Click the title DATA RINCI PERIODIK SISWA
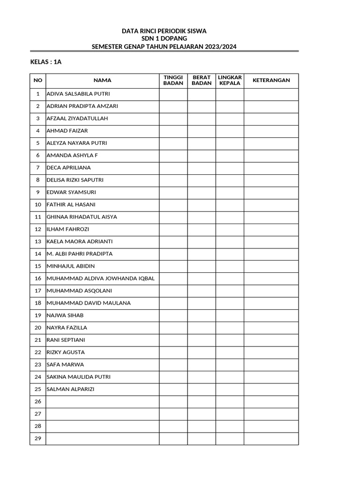pos(164,31)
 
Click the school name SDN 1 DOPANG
pos(164,38)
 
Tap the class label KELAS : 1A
pos(46,62)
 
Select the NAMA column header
pos(102,81)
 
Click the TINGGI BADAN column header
pos(173,81)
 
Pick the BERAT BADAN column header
pos(202,81)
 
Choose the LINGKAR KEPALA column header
pos(230,81)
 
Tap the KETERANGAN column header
pos(271,81)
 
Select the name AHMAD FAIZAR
pos(67,131)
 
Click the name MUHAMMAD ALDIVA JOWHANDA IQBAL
pos(100,278)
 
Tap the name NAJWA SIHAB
pos(65,315)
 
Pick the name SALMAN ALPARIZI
pos(70,389)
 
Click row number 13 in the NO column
pos(38,241)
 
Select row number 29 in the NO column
pos(38,438)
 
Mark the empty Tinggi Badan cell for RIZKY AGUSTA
pos(173,352)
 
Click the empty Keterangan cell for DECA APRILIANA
pos(271,168)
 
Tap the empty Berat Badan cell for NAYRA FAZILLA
pos(202,328)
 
